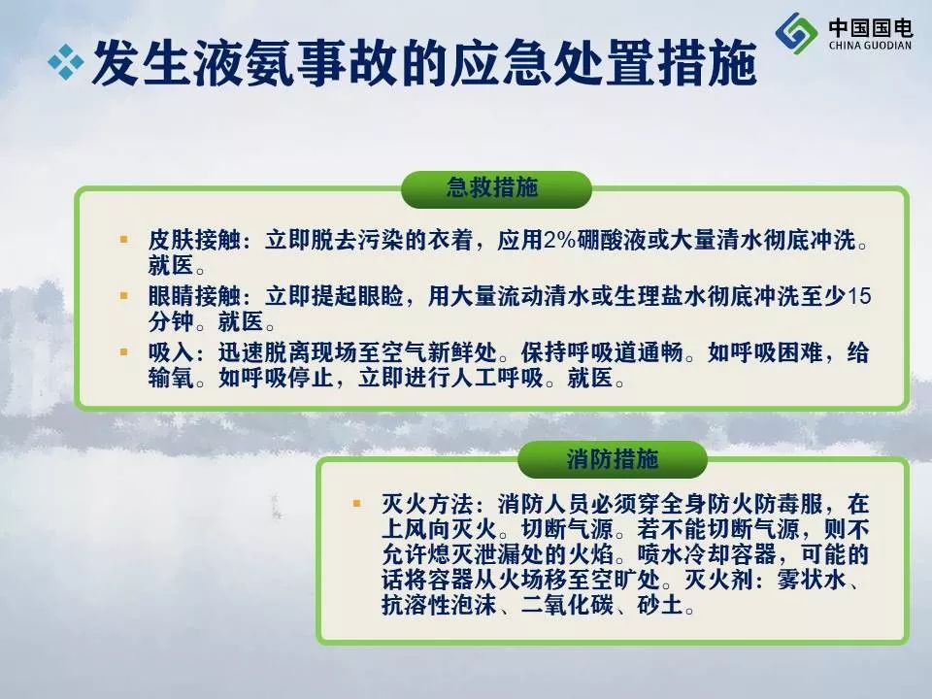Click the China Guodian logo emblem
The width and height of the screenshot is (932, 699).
(796, 32)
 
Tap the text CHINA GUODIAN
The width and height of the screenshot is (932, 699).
(870, 46)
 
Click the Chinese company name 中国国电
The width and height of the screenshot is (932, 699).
(870, 27)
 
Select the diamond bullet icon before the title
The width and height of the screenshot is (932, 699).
(65, 62)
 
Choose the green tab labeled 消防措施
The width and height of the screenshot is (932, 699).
(613, 459)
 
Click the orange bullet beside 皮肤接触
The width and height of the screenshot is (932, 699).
(124, 240)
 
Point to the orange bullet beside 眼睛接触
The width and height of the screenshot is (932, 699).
(124, 295)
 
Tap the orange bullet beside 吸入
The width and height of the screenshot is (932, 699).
(124, 351)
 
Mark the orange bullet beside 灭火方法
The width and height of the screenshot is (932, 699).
(356, 504)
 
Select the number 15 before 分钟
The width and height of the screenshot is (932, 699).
(858, 295)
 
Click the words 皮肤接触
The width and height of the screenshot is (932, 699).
(194, 240)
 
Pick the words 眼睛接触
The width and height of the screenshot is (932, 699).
(194, 295)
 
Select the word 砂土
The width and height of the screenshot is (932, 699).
(660, 605)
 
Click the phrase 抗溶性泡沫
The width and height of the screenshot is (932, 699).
(439, 605)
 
